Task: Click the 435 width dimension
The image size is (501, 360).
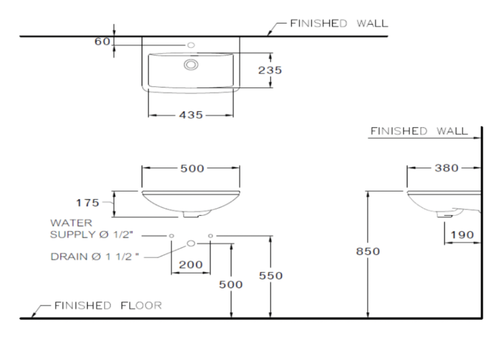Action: coord(191,115)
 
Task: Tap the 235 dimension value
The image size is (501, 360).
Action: coord(270,70)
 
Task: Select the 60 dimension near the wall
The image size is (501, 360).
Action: coord(102,42)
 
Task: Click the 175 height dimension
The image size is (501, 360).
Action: coord(88,203)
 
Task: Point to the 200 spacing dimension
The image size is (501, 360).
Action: coord(191,264)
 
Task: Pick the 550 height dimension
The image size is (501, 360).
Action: coord(271,276)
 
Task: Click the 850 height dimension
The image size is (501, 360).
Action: coord(368,251)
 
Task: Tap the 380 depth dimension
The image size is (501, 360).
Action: coord(447,168)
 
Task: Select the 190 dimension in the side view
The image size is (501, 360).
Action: coord(462,235)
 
